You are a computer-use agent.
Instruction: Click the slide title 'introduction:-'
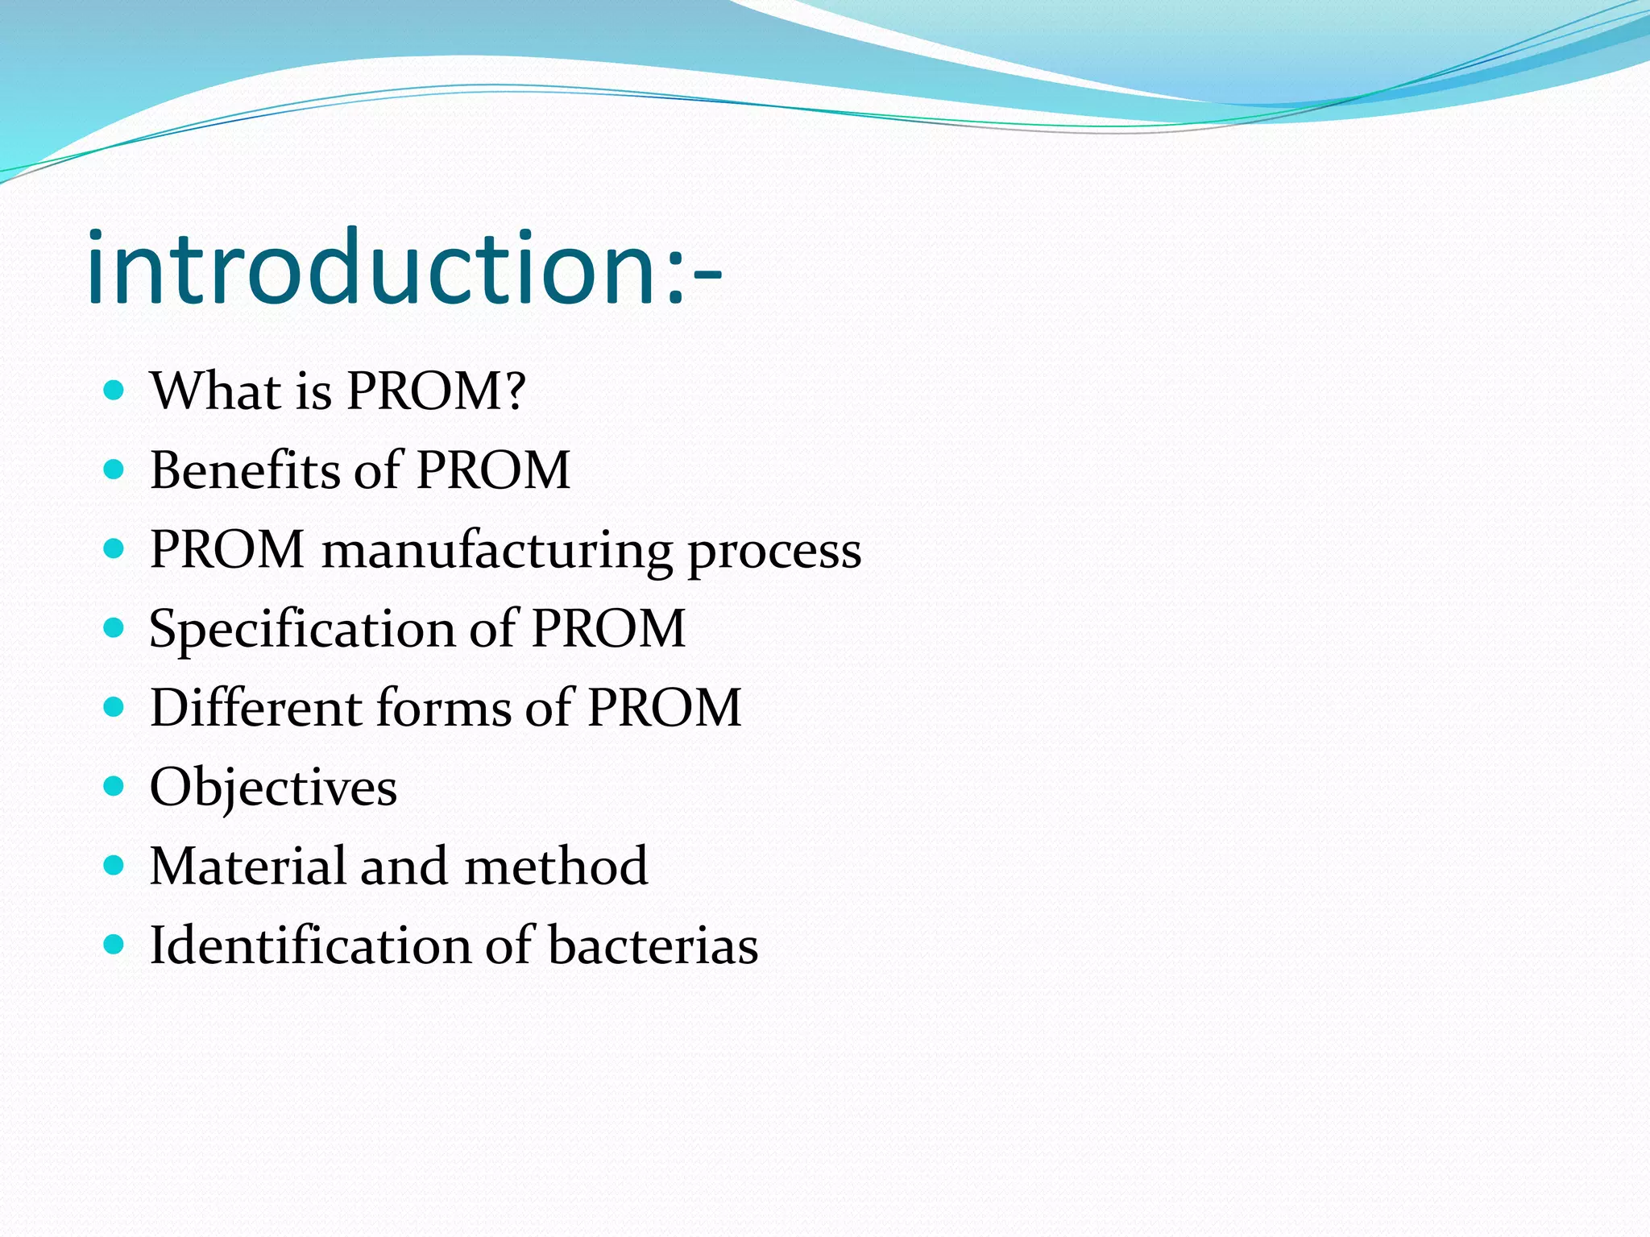403,267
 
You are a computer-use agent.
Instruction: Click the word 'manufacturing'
496,551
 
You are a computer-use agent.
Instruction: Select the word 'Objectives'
273,788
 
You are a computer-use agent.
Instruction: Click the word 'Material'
247,867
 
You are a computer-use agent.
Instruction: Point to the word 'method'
556,867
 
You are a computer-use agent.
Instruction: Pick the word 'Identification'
309,945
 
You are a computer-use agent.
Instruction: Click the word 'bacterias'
653,945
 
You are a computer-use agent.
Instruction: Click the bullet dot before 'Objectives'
114,786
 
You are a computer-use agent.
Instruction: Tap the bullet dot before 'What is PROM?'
114,391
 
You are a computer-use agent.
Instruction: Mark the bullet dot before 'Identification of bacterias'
114,944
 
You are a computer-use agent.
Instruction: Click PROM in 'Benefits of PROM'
493,470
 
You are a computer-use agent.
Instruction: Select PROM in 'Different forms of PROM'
664,709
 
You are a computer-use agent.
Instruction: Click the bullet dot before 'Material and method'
114,865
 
